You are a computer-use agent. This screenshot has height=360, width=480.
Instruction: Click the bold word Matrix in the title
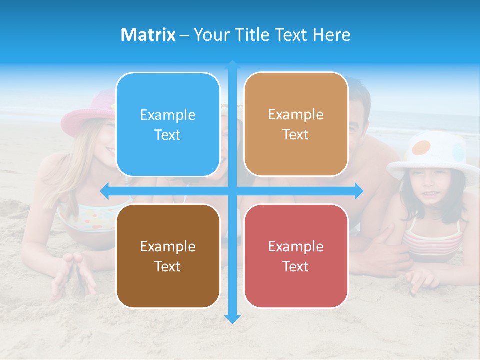(x=148, y=35)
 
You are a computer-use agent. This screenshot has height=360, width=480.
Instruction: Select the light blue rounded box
(x=168, y=124)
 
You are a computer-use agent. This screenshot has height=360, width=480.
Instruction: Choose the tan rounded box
(x=296, y=124)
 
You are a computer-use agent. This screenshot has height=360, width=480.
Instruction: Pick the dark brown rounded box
(x=168, y=256)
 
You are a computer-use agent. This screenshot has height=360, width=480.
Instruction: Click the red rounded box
(x=296, y=256)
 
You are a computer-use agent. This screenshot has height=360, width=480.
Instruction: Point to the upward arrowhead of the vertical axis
(x=232, y=64)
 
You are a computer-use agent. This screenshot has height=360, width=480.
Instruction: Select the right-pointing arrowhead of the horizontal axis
(x=359, y=191)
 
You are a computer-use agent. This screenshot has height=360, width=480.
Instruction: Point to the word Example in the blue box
(x=168, y=115)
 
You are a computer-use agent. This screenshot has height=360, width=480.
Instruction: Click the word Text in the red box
(x=296, y=266)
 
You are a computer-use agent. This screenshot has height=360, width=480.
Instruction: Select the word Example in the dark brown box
(x=168, y=246)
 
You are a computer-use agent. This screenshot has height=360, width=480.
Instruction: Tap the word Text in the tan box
(x=296, y=134)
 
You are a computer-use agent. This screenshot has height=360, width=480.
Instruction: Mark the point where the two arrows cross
(x=232, y=191)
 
